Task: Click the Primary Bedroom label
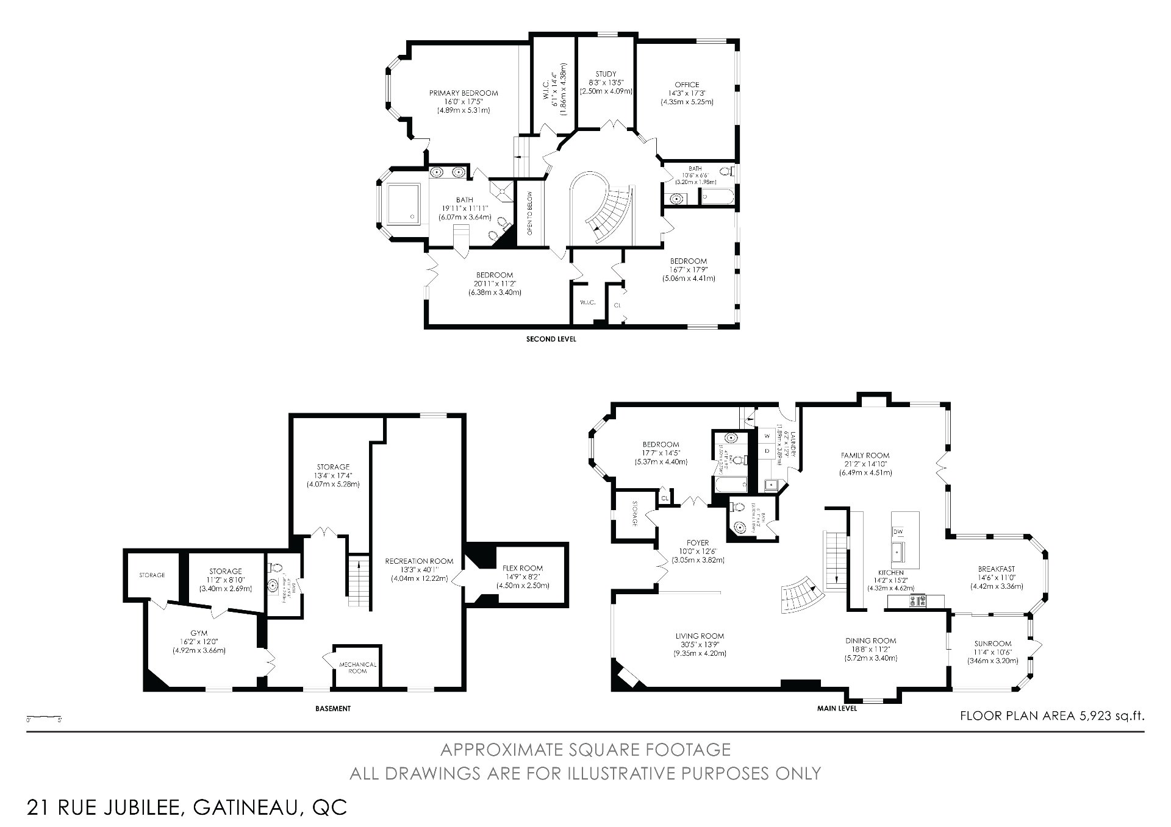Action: coord(464,93)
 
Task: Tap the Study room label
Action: coord(606,74)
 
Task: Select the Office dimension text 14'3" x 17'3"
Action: coord(687,93)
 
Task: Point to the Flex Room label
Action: coord(523,568)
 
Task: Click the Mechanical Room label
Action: coord(357,667)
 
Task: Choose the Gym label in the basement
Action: coord(199,633)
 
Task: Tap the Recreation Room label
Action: coord(419,561)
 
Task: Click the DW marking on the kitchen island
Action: coord(898,531)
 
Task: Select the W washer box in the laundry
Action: coord(767,436)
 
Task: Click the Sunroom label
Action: coord(992,644)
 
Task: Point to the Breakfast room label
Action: coord(997,569)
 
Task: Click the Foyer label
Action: coord(698,542)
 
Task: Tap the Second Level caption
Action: coord(551,339)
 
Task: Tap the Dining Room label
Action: coord(870,641)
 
